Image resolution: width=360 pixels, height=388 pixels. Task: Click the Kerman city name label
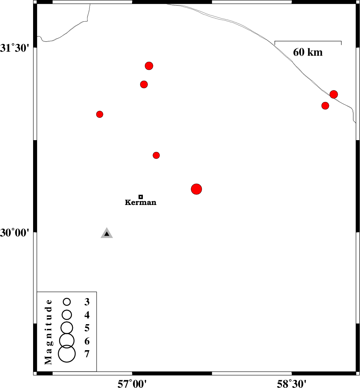point(140,202)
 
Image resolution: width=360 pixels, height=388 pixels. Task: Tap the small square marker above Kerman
point(140,197)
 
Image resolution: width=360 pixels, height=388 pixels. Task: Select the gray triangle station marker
point(107,233)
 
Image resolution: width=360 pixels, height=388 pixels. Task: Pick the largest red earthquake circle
point(197,189)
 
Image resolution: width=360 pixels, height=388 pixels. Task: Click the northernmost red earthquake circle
point(149,66)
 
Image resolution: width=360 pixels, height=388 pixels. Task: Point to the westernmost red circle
point(100,114)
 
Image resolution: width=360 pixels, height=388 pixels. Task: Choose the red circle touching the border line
point(334,94)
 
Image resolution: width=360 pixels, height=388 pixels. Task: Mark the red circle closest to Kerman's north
point(156,155)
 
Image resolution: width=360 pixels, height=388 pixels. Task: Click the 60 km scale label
point(308,52)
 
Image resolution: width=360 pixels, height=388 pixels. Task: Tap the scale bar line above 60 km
point(308,41)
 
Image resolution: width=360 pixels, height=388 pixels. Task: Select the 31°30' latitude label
point(16,48)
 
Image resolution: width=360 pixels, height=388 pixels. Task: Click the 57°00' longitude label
point(132,384)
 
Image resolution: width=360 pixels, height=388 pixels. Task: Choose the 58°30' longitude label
point(291,384)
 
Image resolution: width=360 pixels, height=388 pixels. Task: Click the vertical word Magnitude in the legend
point(49,332)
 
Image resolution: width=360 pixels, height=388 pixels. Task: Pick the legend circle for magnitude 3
point(67,302)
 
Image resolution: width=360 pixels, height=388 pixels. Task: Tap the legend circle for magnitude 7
point(67,354)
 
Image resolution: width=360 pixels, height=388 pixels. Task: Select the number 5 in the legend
point(87,328)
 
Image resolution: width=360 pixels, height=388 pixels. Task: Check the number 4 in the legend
point(87,315)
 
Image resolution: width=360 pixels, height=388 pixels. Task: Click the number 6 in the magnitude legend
point(87,341)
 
